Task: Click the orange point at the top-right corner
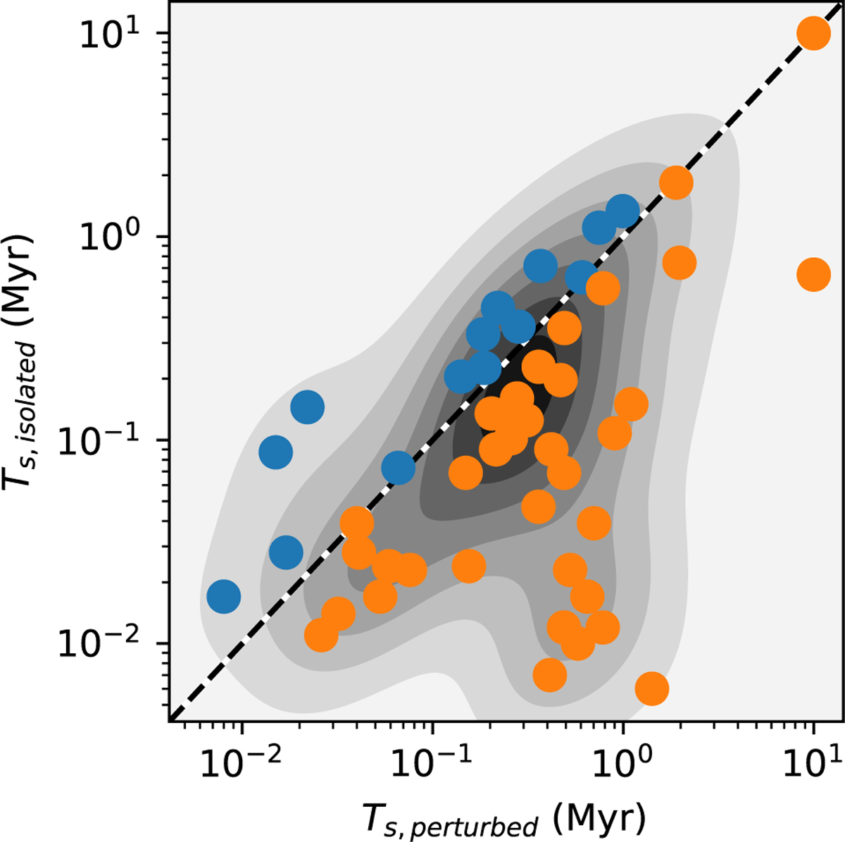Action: [x=813, y=33]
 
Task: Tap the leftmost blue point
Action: [x=224, y=596]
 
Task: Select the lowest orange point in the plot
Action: [x=651, y=688]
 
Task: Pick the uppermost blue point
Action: [x=622, y=210]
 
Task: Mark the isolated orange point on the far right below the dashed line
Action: [x=813, y=274]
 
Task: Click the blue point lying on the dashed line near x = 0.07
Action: [x=399, y=467]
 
